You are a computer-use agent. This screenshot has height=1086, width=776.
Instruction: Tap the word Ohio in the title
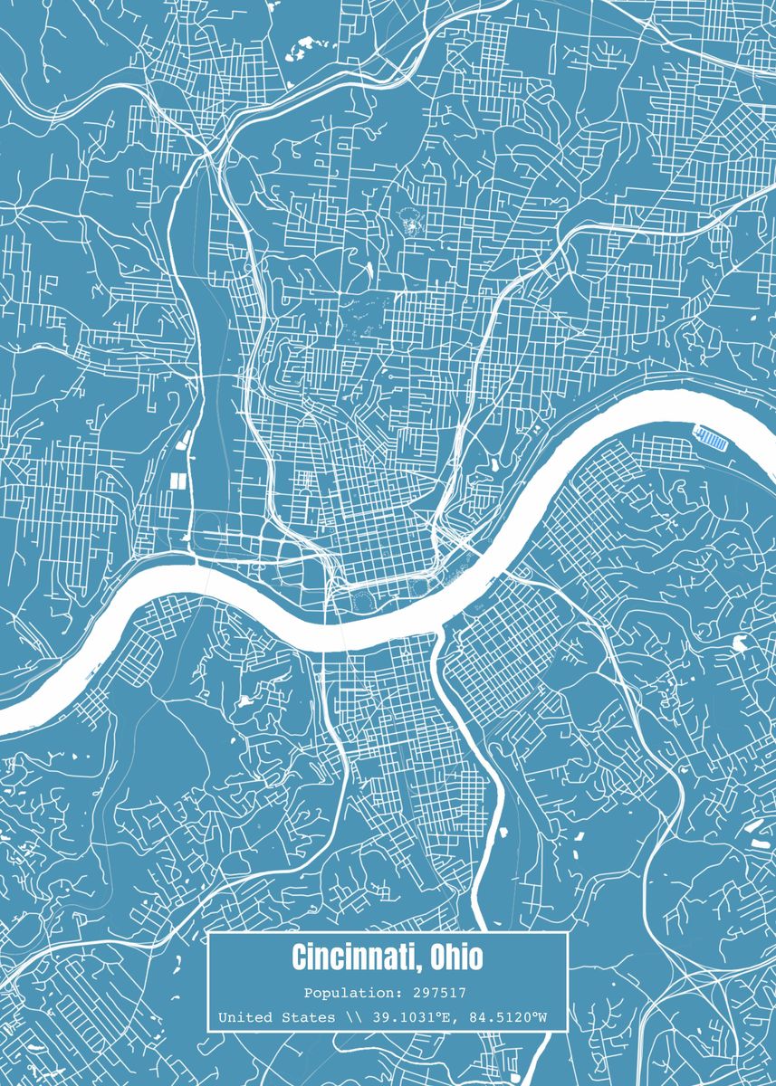[457, 957]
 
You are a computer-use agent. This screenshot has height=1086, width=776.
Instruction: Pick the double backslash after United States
[350, 1017]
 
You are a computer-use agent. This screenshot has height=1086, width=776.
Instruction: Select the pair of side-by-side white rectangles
[177, 481]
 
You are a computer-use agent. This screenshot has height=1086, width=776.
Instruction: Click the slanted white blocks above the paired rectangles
[185, 442]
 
